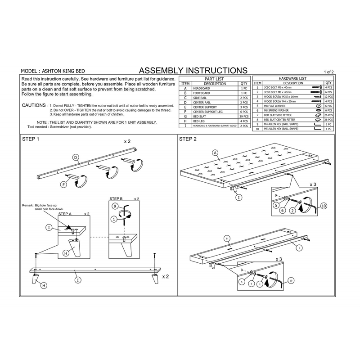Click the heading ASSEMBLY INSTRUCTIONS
[x=193, y=71]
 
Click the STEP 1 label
[x=31, y=139]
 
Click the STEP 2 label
[x=188, y=139]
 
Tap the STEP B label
[x=117, y=198]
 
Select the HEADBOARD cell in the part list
[x=201, y=89]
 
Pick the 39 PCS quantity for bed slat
[x=243, y=116]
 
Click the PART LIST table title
[x=215, y=79]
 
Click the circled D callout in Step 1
[x=76, y=157]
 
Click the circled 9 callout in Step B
[x=115, y=206]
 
